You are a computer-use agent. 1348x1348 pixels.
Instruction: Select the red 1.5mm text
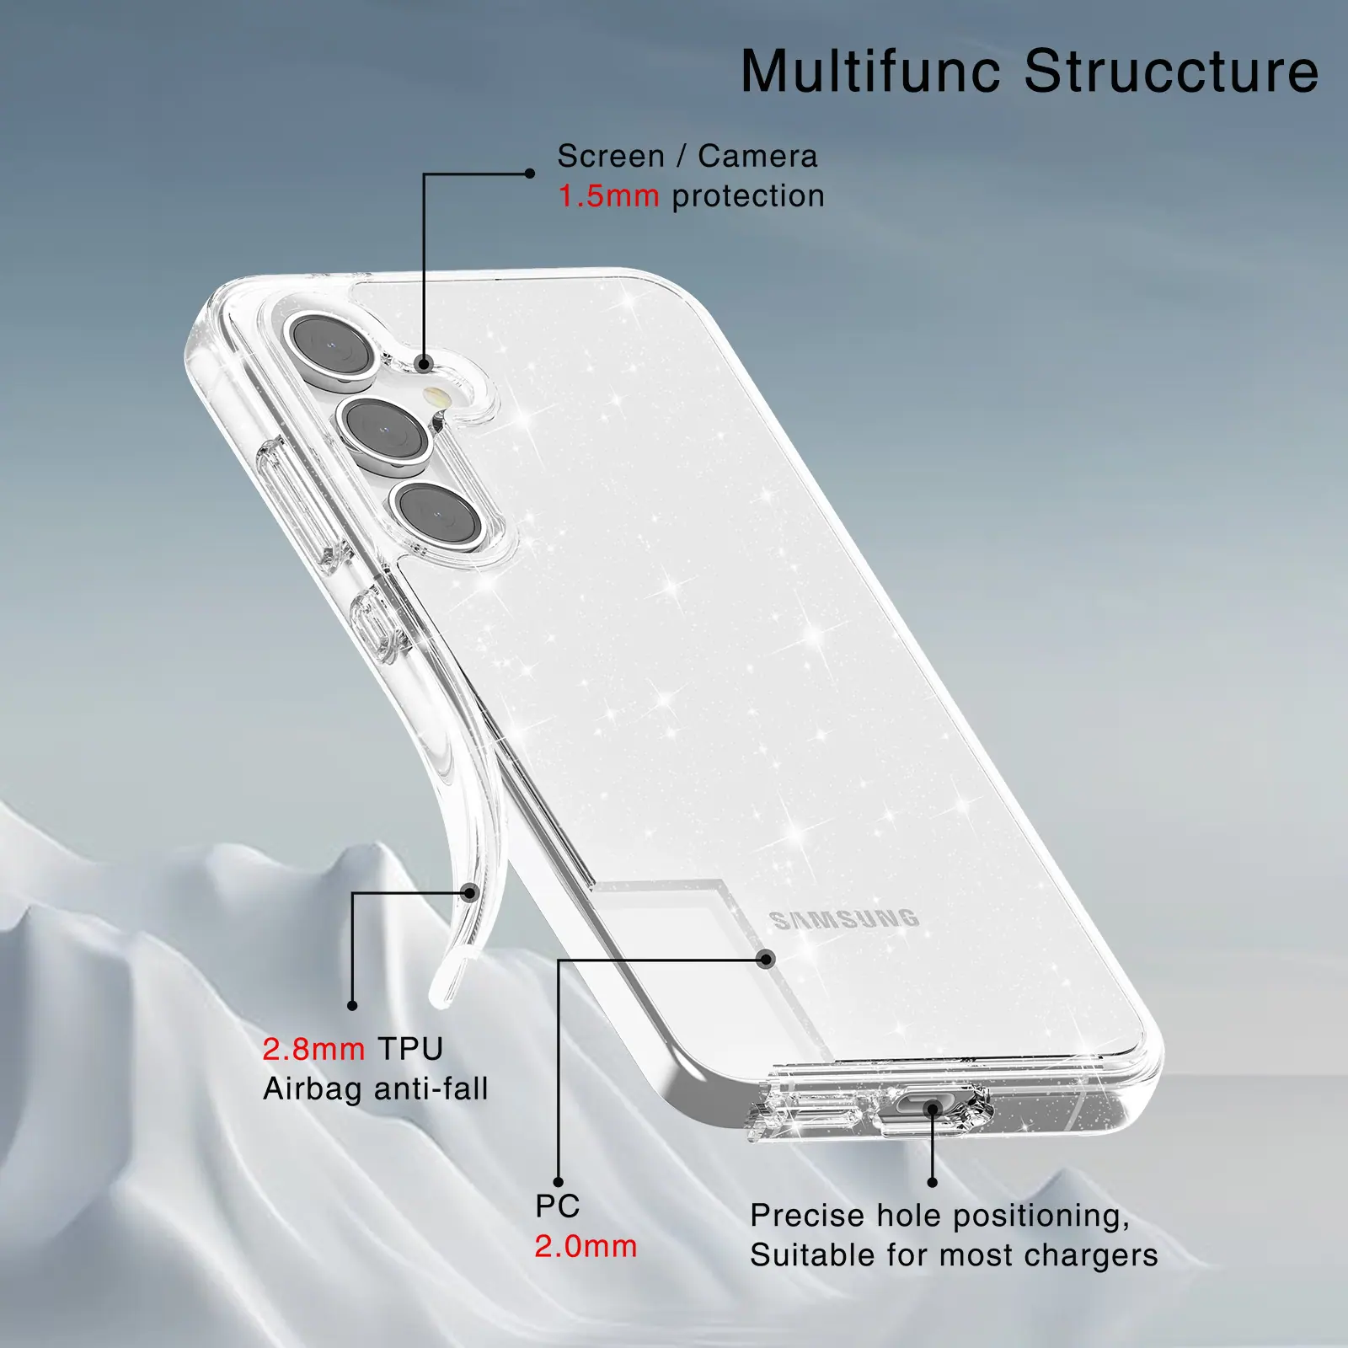point(608,196)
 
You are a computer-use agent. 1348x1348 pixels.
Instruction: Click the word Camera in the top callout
point(757,156)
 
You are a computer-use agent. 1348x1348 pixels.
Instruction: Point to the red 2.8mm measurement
point(313,1049)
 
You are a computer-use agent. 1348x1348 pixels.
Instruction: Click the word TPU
point(410,1049)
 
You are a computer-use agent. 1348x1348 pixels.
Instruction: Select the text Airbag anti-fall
point(376,1089)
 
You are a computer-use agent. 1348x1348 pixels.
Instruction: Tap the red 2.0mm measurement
point(586,1246)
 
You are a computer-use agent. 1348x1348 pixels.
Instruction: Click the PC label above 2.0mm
point(558,1206)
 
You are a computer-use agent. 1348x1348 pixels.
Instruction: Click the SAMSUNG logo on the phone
point(844,919)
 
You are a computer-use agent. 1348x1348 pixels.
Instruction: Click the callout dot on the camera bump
point(425,365)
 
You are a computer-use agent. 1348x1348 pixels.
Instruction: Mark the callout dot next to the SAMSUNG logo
point(767,959)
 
